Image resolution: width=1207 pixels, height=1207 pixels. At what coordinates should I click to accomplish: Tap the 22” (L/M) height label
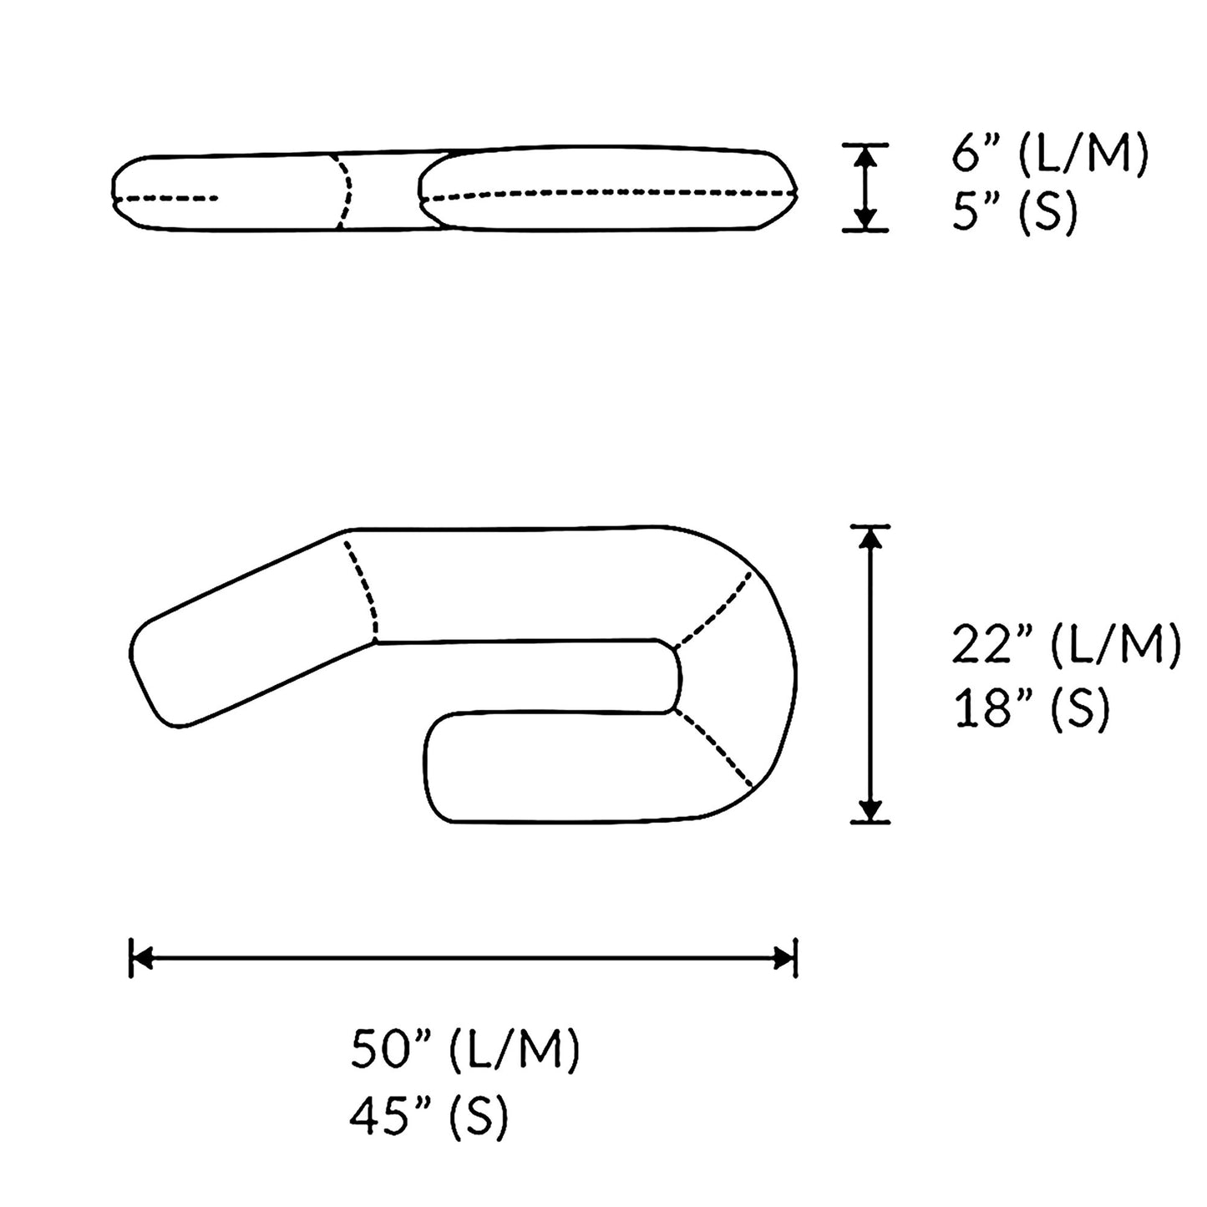(1066, 647)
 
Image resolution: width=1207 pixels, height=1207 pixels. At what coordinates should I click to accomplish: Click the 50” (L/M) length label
(464, 1050)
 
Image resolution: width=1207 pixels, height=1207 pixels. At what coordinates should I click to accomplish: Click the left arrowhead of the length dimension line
(142, 958)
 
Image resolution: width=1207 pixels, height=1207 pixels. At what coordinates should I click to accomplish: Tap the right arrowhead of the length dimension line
(785, 958)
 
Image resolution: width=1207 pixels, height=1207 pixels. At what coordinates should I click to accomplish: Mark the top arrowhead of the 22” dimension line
(870, 537)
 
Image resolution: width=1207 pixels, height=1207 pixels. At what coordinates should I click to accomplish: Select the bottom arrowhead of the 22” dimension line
(870, 811)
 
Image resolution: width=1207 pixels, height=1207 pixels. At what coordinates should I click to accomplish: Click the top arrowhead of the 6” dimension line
(866, 155)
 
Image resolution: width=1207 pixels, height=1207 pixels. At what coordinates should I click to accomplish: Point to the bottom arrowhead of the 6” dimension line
(866, 219)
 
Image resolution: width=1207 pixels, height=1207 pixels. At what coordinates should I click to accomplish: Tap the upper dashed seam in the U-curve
(714, 609)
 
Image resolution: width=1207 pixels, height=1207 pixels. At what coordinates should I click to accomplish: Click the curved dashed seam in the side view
(343, 190)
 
